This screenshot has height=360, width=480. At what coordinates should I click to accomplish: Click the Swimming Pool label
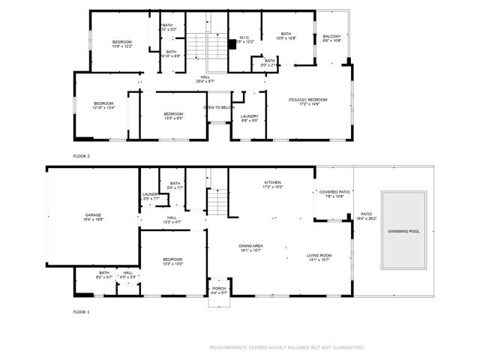(x=404, y=231)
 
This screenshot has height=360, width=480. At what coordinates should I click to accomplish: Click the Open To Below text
(x=217, y=107)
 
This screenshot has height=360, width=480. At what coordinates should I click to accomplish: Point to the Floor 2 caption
(x=81, y=156)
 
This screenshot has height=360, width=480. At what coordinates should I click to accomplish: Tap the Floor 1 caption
(x=81, y=311)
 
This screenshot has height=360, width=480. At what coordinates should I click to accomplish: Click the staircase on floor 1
(x=217, y=200)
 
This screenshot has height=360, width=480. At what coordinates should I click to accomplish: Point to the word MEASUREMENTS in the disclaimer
(x=229, y=347)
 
